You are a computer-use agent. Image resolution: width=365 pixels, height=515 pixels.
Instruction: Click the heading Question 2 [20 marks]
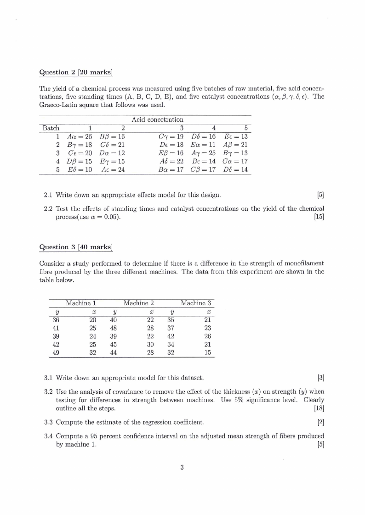pyautogui.click(x=76, y=72)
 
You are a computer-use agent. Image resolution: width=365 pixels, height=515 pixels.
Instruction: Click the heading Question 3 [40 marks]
pyautogui.click(x=76, y=247)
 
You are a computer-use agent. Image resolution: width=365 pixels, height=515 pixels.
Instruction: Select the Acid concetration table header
pyautogui.click(x=157, y=119)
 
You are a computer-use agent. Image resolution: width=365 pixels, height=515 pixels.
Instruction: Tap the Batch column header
pyautogui.click(x=51, y=128)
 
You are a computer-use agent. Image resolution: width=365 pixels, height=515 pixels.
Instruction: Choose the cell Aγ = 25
pyautogui.click(x=203, y=153)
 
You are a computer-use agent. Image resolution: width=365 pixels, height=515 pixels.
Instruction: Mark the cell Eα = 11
pyautogui.click(x=203, y=145)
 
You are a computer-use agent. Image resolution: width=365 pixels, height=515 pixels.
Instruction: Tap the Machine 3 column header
pyautogui.click(x=196, y=303)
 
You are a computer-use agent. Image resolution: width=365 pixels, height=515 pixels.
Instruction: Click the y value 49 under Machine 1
pyautogui.click(x=56, y=353)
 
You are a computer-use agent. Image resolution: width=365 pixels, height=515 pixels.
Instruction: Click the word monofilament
pyautogui.click(x=303, y=263)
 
